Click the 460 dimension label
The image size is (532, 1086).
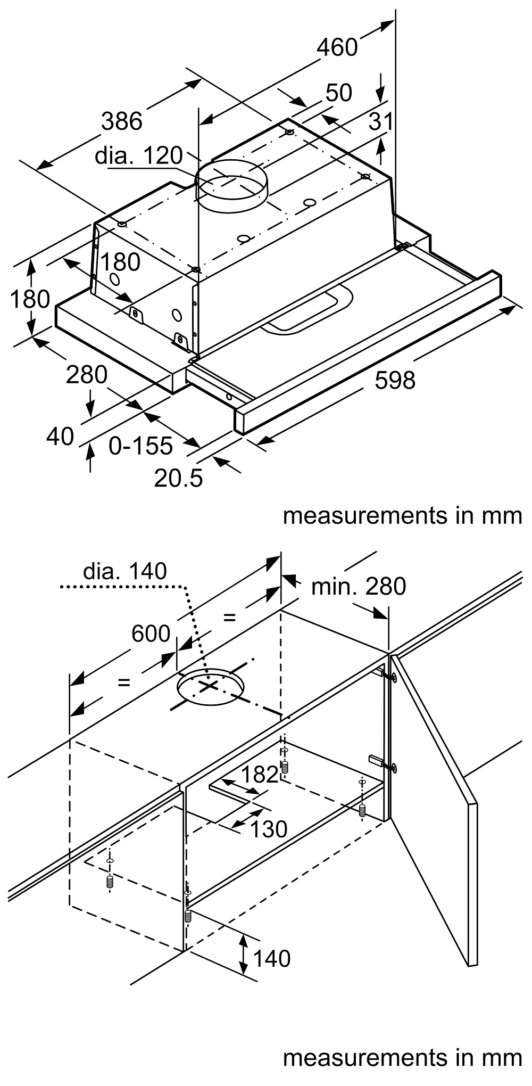337,47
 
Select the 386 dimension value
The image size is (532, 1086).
122,121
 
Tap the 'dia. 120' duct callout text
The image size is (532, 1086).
138,155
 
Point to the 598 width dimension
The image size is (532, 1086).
395,380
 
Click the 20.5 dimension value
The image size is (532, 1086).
178,479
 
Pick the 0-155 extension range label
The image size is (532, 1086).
141,446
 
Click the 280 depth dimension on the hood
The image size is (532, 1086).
86,375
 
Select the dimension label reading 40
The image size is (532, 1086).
60,437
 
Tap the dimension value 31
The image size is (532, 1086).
381,122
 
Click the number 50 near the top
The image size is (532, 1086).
338,93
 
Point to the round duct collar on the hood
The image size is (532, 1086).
231,184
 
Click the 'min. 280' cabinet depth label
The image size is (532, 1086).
358,587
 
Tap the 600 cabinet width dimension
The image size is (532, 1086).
151,633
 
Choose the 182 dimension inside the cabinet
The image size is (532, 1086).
260,775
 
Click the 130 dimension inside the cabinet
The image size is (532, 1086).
269,829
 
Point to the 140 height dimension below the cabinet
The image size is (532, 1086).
271,959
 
